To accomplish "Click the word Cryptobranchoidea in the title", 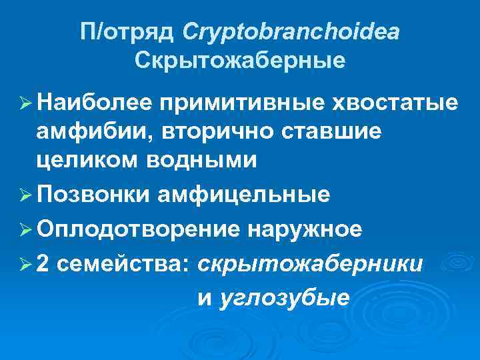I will coord(291,31).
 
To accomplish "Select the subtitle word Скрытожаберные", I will coord(240,61).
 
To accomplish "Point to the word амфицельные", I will coord(243,195).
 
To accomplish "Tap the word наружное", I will coord(305,229).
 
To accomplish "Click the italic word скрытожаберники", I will coord(310,264).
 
